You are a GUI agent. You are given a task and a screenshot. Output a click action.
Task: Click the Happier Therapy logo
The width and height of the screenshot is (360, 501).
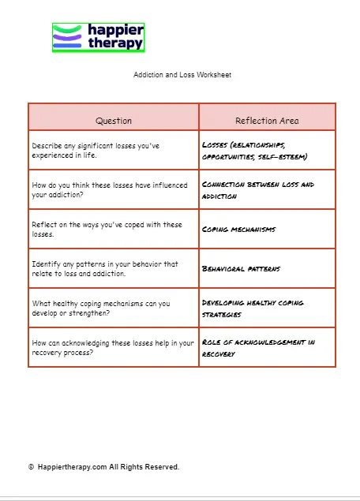click(x=99, y=37)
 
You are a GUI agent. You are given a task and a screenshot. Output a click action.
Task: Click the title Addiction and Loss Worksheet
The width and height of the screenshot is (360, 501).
click(x=182, y=75)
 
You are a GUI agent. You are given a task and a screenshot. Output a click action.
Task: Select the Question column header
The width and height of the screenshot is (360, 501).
click(x=114, y=121)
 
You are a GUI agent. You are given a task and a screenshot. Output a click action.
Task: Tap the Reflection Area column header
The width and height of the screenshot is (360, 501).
click(x=267, y=121)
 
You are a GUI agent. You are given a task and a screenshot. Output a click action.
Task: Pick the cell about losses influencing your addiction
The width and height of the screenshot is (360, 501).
click(x=110, y=189)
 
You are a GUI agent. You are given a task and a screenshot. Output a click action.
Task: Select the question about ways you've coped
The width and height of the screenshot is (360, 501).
click(x=107, y=229)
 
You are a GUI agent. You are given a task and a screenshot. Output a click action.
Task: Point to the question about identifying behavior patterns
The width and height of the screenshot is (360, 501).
click(x=105, y=268)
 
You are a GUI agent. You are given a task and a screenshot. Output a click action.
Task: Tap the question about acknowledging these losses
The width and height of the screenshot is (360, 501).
click(x=111, y=347)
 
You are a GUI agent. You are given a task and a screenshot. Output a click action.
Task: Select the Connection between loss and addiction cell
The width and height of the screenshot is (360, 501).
click(x=257, y=189)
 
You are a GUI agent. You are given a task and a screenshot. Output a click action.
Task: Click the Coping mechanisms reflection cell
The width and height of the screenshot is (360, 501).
click(x=239, y=229)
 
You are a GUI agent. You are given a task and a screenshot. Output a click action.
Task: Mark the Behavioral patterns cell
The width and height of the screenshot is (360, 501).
click(x=241, y=269)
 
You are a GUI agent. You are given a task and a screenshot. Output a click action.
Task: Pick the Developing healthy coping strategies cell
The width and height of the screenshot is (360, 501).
click(x=253, y=308)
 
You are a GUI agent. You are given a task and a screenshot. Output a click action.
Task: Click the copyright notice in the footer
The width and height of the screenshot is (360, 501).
click(x=103, y=467)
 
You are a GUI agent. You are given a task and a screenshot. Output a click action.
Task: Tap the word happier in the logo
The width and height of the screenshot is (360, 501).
click(x=115, y=30)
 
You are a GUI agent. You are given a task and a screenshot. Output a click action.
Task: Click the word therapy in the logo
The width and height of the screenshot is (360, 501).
click(x=115, y=43)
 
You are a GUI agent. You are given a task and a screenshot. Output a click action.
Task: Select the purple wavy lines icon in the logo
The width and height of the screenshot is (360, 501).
click(x=68, y=37)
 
